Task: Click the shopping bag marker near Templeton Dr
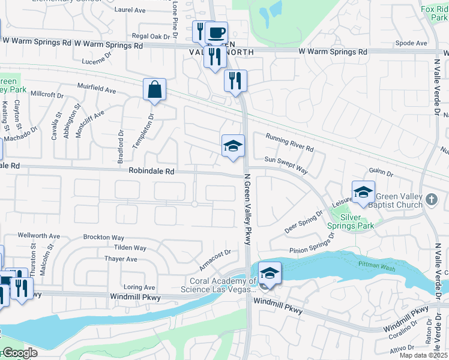[154, 90]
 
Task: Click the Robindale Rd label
[151, 171]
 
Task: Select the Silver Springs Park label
[350, 221]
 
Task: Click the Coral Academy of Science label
[223, 285]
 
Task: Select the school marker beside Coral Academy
[270, 274]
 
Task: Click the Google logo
[19, 352]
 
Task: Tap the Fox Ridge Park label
[435, 13]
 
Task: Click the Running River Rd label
[289, 142]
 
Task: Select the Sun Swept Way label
[286, 166]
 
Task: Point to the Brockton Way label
[103, 238]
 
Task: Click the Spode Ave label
[411, 43]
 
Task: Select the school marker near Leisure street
[363, 192]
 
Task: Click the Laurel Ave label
[130, 10]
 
